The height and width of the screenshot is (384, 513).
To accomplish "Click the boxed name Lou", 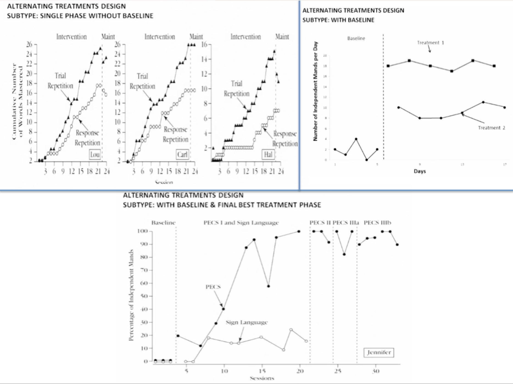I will click(95, 155).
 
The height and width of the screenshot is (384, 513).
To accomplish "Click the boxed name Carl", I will click(182, 155).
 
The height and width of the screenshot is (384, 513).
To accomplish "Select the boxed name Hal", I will click(268, 155).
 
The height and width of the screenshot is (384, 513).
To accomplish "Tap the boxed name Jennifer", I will click(379, 353).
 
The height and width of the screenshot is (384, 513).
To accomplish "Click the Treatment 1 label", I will click(430, 43).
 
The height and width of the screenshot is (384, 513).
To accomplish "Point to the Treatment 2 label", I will click(491, 128).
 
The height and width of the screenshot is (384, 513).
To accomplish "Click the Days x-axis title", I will click(420, 171).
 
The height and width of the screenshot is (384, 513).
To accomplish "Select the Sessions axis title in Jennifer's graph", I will click(262, 378).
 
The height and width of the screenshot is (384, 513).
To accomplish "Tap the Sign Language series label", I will click(246, 322).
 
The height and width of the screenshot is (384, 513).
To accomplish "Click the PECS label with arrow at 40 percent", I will click(213, 287).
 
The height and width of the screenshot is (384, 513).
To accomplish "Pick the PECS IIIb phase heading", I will click(377, 223).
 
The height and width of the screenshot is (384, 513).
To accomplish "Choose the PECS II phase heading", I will click(320, 223).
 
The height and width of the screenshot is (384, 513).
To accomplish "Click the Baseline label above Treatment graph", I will click(356, 39).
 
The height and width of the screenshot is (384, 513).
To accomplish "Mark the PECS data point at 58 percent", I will click(268, 286).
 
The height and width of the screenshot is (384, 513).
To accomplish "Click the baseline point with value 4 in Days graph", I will click(356, 139).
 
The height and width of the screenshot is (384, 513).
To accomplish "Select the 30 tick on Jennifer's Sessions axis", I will click(375, 371).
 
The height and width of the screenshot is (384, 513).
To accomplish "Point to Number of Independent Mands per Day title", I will click(315, 91).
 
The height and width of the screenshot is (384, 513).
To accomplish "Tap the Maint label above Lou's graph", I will click(108, 37).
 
